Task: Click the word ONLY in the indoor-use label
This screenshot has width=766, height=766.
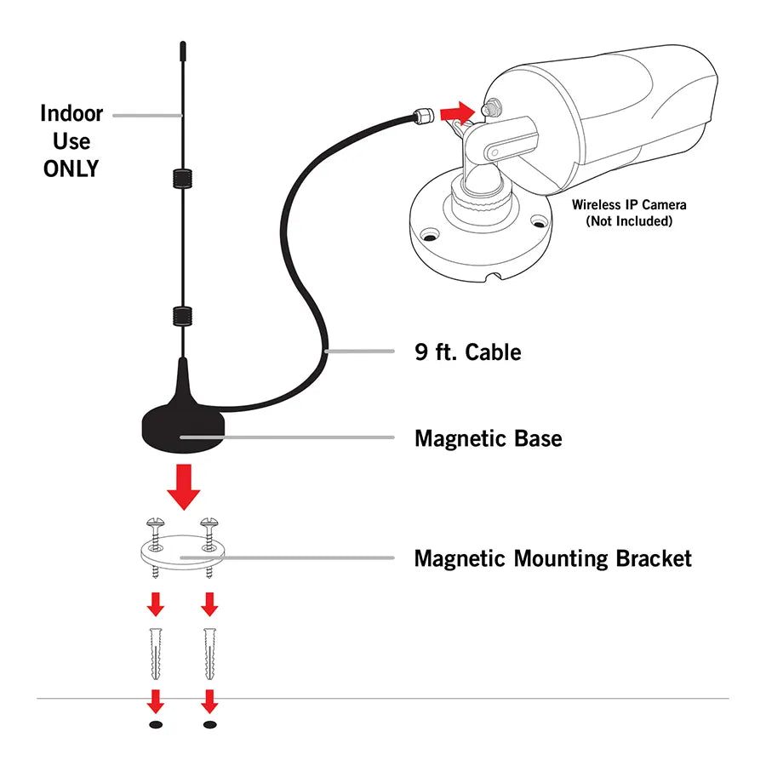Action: [71, 169]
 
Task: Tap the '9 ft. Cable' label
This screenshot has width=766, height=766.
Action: [467, 352]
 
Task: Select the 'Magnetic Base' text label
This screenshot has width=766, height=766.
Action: [488, 438]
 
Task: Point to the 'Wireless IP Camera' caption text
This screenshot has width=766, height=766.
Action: [629, 204]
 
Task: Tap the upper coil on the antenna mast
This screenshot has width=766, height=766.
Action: [181, 178]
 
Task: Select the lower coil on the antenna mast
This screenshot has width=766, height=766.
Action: [181, 315]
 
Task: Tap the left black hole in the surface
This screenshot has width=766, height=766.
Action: [156, 724]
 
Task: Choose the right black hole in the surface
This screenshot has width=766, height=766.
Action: [209, 724]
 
